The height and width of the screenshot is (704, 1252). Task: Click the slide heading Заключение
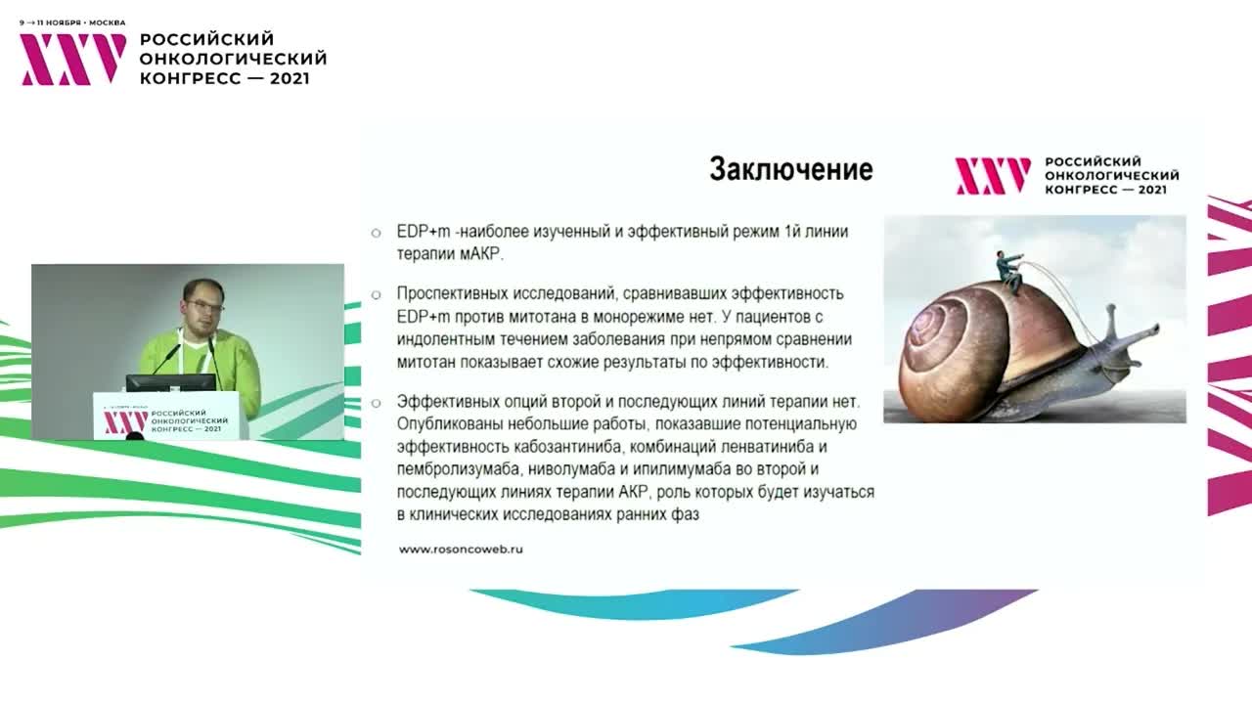pyautogui.click(x=790, y=169)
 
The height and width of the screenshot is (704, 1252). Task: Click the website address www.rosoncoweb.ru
pyautogui.click(x=461, y=550)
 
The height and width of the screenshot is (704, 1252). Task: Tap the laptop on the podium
pyautogui.click(x=171, y=381)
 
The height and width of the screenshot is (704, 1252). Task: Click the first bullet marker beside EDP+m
pyautogui.click(x=376, y=233)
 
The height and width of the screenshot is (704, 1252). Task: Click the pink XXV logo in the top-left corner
pyautogui.click(x=73, y=59)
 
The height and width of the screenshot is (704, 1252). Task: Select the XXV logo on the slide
pyautogui.click(x=992, y=176)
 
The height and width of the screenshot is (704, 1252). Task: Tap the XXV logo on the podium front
pyautogui.click(x=126, y=421)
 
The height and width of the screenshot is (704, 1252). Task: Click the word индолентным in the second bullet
pyautogui.click(x=445, y=339)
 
